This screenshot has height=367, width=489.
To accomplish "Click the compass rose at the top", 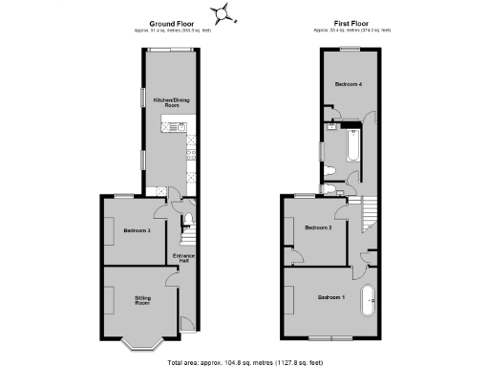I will click(224, 12).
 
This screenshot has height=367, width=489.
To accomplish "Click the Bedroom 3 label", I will click(137, 230).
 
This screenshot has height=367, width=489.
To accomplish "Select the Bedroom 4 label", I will click(348, 85).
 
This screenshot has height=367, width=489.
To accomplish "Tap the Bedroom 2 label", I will click(317, 227).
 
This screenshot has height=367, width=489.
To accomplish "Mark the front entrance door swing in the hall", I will click(186, 324).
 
